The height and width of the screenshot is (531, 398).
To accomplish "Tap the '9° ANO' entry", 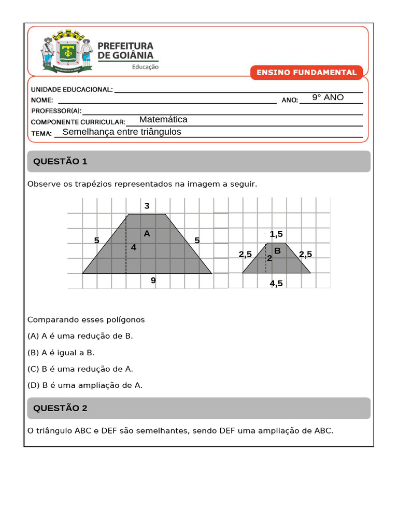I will [328, 97].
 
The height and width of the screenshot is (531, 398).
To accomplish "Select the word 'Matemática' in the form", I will [163, 120].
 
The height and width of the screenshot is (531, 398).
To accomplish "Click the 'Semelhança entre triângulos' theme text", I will [122, 132].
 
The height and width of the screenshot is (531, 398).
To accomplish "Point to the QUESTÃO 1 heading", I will [60, 162].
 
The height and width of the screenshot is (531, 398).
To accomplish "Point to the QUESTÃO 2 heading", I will [60, 409].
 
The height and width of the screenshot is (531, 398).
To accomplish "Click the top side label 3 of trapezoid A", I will [147, 206].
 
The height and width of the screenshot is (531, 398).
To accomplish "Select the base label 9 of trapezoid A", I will [153, 281].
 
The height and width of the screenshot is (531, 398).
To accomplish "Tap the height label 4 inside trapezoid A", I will [134, 247].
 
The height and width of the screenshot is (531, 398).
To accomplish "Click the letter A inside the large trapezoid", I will [147, 234].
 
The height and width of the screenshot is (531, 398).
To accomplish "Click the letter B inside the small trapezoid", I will [277, 251].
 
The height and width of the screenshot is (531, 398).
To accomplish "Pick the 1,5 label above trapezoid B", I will [276, 234].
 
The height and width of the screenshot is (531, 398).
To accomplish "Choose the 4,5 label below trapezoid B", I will [276, 283].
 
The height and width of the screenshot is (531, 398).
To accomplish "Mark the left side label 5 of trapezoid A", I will [96, 240].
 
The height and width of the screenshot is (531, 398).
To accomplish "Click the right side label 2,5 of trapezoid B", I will [306, 254].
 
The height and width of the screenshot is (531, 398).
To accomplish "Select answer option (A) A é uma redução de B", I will [80, 336].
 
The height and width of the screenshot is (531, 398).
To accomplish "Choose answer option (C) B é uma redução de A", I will [80, 369].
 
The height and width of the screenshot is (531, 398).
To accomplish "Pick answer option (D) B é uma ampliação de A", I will [85, 386].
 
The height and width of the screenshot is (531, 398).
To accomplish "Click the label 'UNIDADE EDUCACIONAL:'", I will [72, 90].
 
